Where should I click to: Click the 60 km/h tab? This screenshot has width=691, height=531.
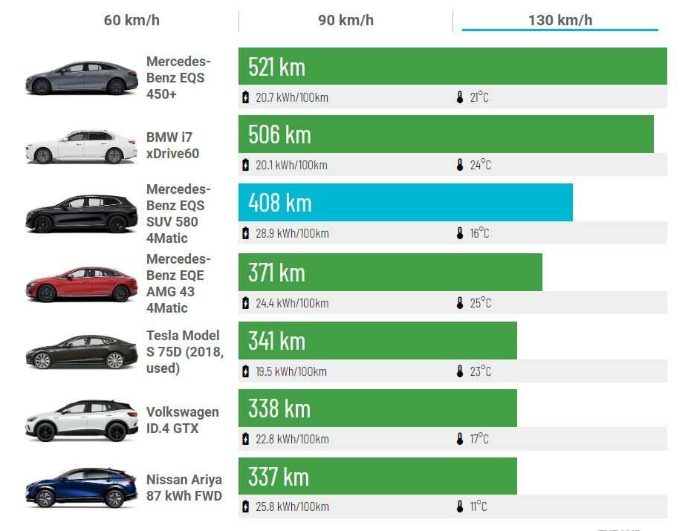132,20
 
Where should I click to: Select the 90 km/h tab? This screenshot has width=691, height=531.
345,20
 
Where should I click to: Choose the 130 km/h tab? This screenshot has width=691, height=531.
559,20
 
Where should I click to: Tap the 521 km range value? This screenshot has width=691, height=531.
276,67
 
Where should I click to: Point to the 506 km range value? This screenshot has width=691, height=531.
279,134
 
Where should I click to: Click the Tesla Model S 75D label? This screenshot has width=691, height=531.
184,351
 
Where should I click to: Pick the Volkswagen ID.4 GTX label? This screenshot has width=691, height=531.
182,420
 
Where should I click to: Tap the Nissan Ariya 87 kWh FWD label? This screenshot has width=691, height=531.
184,487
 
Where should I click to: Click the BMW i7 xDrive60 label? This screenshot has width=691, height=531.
173,145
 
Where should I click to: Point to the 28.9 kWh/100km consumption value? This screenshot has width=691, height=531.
291,233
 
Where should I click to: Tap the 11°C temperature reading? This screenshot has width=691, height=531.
478,506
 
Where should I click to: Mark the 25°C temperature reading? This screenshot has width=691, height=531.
480,303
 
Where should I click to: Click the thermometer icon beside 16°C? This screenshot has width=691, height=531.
460,233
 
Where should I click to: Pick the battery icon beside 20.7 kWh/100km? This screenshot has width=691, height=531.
246,97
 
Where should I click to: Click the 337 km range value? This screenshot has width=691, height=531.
279,476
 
